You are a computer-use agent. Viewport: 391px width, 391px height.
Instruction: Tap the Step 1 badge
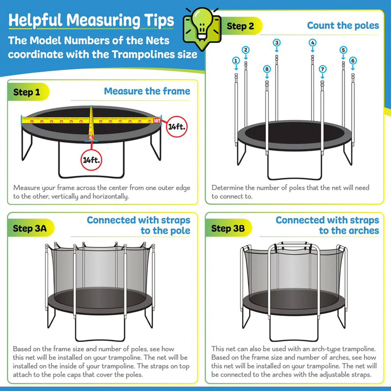27,92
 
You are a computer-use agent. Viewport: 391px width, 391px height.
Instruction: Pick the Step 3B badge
228,228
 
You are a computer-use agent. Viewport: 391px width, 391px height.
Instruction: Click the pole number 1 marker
236,61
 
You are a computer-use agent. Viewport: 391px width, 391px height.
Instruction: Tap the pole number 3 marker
277,43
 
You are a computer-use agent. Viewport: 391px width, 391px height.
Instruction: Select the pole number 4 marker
312,43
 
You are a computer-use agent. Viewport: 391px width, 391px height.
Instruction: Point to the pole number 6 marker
353,61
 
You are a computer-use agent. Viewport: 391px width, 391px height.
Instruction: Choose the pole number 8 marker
267,69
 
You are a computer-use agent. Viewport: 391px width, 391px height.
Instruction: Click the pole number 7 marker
322,69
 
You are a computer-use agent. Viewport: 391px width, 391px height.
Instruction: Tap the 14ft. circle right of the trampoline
177,127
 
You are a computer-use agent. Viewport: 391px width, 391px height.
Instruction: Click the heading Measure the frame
147,91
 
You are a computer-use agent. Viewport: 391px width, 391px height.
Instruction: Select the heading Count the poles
343,25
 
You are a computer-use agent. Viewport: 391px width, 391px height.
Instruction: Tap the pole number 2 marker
245,50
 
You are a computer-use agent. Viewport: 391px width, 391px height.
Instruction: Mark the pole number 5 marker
343,50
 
